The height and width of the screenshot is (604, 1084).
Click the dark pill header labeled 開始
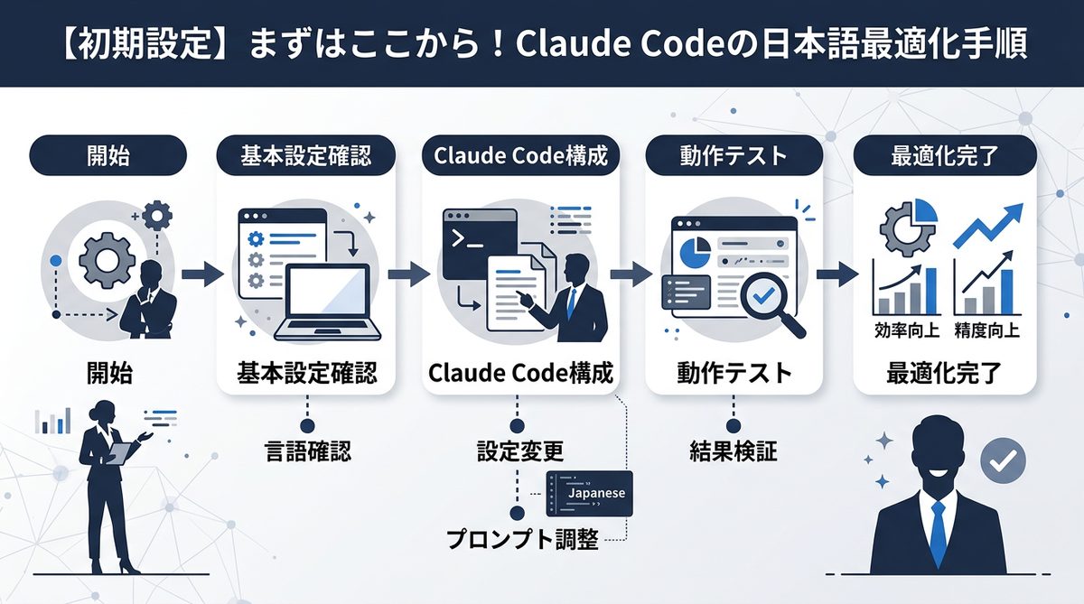coord(108,155)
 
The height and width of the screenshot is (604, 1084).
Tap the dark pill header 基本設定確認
coord(305,155)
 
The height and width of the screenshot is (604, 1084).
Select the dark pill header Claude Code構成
coord(520,155)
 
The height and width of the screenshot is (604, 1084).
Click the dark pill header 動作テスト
coord(733,155)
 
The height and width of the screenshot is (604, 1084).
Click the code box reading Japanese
coord(590,493)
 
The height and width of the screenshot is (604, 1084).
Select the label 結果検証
coord(733,450)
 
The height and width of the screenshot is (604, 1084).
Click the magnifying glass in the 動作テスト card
coord(768,299)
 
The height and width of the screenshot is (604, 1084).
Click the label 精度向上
coord(987,330)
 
